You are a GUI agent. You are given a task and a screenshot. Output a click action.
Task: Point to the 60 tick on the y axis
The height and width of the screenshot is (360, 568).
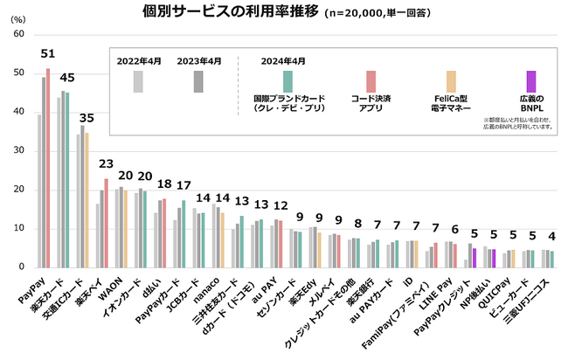pyautogui.click(x=17, y=34)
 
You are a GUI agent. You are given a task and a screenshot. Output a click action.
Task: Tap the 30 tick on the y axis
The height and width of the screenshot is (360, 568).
pyautogui.click(x=17, y=151)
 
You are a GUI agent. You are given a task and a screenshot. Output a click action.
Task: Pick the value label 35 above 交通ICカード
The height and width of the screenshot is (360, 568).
pyautogui.click(x=87, y=117)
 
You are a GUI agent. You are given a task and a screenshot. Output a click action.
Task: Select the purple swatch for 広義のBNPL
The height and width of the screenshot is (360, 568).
pyautogui.click(x=531, y=81)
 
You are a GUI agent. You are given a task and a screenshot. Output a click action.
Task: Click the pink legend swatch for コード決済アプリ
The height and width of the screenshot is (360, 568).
pyautogui.click(x=371, y=81)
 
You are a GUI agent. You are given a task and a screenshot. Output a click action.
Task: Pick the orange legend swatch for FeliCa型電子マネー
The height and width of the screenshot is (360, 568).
pyautogui.click(x=451, y=81)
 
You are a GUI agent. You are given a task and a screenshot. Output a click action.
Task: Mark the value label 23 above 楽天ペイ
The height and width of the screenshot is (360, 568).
pyautogui.click(x=106, y=163)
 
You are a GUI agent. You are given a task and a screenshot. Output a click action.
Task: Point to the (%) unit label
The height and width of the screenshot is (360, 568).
pyautogui.click(x=17, y=17)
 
